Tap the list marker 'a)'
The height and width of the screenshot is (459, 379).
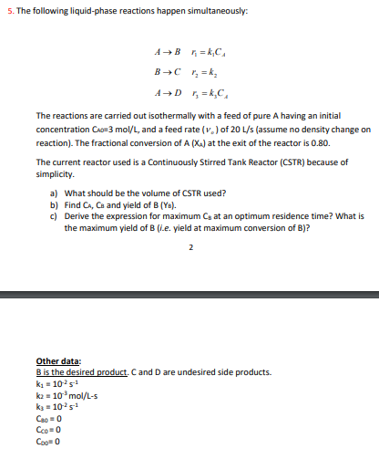point(54,193)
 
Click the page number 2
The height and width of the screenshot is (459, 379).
point(189,246)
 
